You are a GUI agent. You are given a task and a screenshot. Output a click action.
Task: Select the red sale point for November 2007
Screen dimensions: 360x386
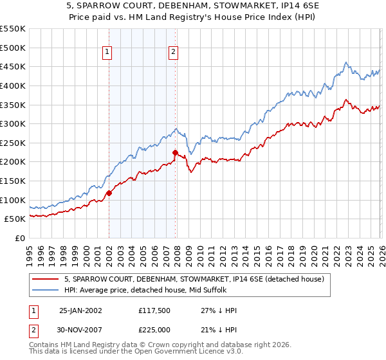coord(175,152)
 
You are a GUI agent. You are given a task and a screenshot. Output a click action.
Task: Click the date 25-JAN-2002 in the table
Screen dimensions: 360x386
coord(80,310)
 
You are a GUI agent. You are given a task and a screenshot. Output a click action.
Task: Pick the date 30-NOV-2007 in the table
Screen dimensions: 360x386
coord(80,330)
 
